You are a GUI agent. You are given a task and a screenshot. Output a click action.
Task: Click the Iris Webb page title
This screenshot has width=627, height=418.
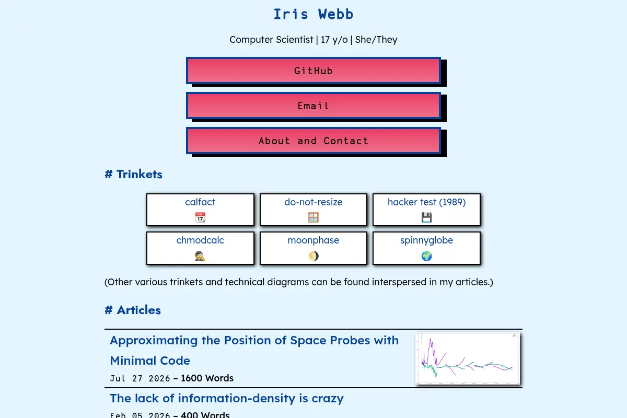coord(313,14)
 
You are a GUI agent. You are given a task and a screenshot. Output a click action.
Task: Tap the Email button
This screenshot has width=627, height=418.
coord(313,106)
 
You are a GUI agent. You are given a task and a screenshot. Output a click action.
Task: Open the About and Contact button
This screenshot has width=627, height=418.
coord(313,141)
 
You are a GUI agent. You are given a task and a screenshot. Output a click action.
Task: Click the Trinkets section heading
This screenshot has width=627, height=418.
coord(133,174)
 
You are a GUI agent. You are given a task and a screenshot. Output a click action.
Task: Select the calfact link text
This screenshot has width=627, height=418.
coord(200,202)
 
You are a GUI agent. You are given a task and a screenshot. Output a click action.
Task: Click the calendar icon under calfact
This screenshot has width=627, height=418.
coord(200,217)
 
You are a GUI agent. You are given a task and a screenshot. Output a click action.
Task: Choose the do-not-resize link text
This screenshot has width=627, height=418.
coord(313,202)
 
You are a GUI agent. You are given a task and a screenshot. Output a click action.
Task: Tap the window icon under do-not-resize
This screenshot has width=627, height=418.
coord(313,217)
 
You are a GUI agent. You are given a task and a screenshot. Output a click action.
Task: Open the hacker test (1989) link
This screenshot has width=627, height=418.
coord(426,202)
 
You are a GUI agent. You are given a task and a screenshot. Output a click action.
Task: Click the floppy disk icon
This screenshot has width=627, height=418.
coord(426,217)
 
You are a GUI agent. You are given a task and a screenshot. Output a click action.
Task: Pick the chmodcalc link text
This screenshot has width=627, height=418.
coord(200,240)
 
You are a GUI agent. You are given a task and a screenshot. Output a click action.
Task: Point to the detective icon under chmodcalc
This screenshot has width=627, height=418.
coord(200,256)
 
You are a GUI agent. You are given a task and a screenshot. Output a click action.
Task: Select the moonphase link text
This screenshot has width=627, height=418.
coord(313,240)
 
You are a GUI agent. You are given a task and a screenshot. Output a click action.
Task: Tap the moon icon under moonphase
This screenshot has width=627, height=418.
coord(313,256)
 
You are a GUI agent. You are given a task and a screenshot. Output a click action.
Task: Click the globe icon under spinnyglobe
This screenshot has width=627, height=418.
coord(426,256)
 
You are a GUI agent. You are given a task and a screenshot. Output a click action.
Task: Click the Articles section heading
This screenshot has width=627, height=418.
coord(133,310)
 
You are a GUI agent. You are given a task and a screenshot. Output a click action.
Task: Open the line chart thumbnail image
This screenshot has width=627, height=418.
coord(468,358)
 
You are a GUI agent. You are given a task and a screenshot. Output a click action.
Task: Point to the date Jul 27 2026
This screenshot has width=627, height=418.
coord(140,378)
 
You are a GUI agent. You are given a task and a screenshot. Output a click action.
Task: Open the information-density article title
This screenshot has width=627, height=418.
coord(227,398)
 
